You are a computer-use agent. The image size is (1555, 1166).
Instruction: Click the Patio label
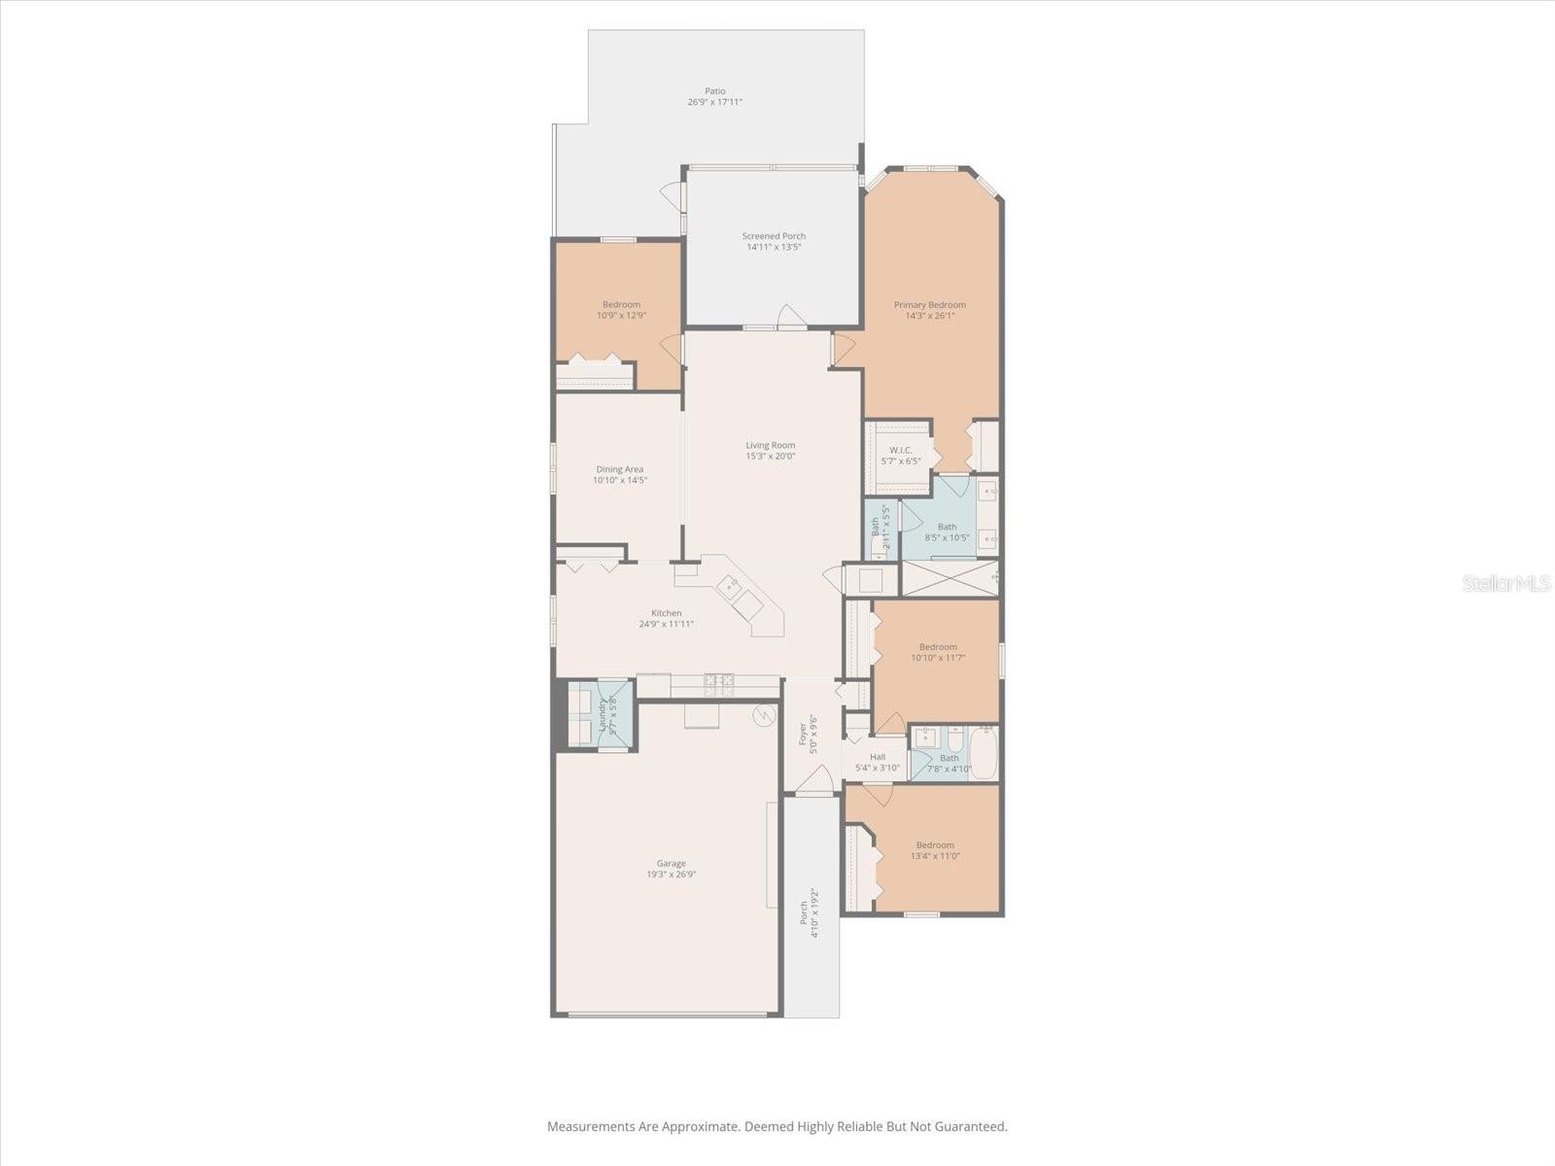[715, 91]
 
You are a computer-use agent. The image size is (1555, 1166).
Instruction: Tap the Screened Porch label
[774, 236]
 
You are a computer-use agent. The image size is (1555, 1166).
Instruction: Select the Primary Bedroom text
[930, 305]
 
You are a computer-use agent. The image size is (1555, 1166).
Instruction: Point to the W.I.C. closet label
[900, 450]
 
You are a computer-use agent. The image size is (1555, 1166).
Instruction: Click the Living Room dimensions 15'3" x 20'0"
[771, 456]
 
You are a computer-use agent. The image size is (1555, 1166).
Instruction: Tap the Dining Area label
[620, 469]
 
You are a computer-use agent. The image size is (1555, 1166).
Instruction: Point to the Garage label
[671, 863]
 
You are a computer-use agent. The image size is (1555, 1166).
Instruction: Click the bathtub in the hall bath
[984, 753]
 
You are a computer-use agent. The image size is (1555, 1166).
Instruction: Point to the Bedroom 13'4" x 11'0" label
[935, 845]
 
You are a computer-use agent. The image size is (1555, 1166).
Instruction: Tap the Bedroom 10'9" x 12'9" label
[621, 304]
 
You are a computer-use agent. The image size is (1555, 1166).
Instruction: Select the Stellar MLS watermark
[1504, 583]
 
